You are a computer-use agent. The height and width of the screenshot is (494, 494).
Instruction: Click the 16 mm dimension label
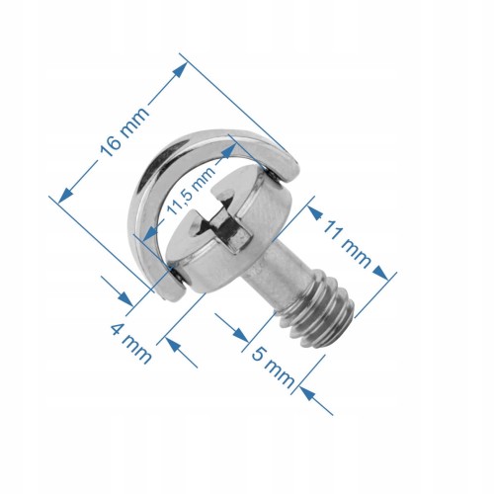pyautogui.click(x=124, y=131)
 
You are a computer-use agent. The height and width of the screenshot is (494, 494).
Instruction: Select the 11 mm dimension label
pyautogui.click(x=347, y=244)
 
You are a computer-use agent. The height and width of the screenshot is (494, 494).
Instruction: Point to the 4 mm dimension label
pyautogui.click(x=131, y=344)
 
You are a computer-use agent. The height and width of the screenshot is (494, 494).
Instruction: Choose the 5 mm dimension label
pyautogui.click(x=273, y=369)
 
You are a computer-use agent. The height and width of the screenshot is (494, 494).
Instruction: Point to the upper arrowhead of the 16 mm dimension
pyautogui.click(x=180, y=70)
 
